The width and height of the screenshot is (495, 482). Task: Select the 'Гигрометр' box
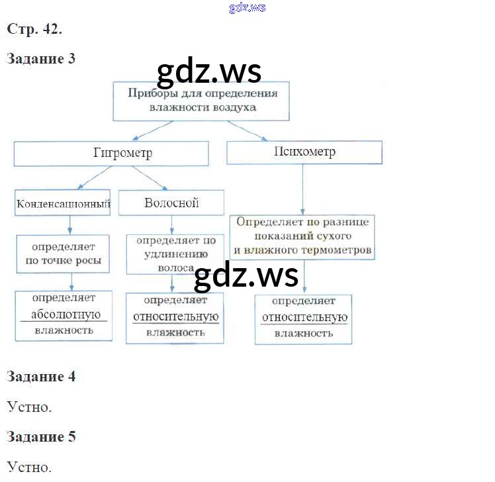click(111, 154)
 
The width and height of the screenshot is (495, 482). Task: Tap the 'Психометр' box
click(304, 152)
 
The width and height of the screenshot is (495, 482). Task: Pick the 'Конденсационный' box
click(63, 203)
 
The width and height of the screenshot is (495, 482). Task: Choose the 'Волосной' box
click(171, 203)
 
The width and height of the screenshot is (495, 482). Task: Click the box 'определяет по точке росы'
click(63, 253)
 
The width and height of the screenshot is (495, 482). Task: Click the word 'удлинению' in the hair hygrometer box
click(172, 255)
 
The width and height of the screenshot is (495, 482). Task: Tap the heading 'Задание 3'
click(41, 59)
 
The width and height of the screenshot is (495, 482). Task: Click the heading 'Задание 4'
click(41, 377)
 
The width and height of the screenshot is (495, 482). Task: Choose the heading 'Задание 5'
click(41, 437)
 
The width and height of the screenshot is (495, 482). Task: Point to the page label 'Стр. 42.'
click(34, 29)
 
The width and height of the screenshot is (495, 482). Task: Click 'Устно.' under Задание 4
click(29, 407)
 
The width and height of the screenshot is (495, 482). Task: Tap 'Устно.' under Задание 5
click(29, 467)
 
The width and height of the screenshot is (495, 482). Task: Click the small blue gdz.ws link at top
click(247, 7)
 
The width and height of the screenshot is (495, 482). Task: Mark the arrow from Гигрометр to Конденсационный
click(89, 177)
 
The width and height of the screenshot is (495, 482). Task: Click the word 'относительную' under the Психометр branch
click(304, 318)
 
